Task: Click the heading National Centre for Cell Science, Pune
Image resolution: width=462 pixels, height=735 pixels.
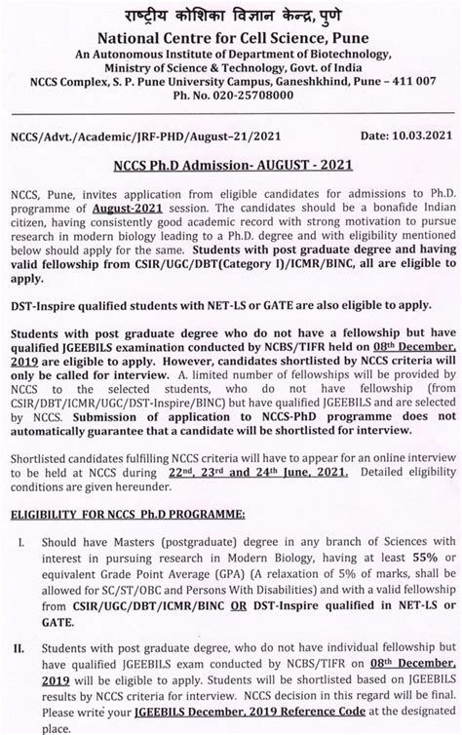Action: (x=231, y=36)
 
